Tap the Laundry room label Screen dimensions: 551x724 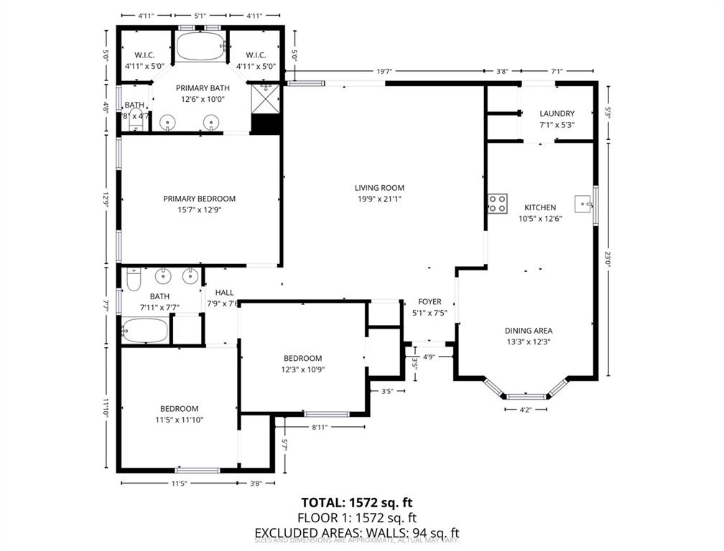[x=557, y=113]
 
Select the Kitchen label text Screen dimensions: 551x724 [x=541, y=207]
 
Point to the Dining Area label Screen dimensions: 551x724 [x=528, y=331]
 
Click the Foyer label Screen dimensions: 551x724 [x=430, y=302]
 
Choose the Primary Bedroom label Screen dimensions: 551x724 [x=199, y=199]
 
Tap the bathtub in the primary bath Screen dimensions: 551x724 [x=202, y=47]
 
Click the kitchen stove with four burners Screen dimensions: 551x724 [x=497, y=204]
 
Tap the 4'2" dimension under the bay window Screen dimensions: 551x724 [x=526, y=410]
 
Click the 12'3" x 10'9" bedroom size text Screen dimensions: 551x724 [x=302, y=370]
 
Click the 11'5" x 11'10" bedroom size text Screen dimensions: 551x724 [x=179, y=420]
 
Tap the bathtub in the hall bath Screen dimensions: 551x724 [x=146, y=331]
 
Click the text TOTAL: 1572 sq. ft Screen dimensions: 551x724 [x=357, y=502]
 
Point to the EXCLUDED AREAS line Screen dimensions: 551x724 [x=357, y=532]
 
